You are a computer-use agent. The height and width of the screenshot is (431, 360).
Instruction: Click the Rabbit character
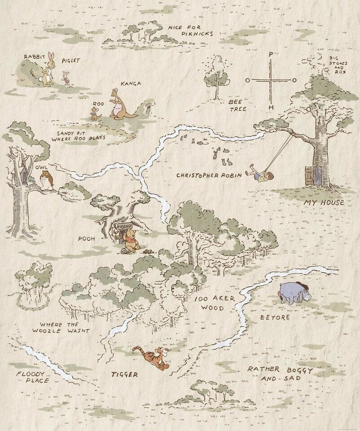click(47, 71)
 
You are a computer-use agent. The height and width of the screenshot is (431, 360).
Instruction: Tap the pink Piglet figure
click(66, 77)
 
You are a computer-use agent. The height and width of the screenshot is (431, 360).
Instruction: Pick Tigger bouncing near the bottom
click(152, 357)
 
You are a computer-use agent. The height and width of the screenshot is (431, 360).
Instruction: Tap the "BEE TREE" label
click(238, 105)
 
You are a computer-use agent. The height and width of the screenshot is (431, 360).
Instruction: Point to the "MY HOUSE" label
click(324, 202)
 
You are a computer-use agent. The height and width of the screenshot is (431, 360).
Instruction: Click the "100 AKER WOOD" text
click(215, 303)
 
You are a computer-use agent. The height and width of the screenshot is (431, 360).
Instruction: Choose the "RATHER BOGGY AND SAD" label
click(280, 373)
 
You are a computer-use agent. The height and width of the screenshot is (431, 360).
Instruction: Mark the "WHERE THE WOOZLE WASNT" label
click(60, 327)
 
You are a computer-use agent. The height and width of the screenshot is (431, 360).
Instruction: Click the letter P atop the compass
click(270, 54)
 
